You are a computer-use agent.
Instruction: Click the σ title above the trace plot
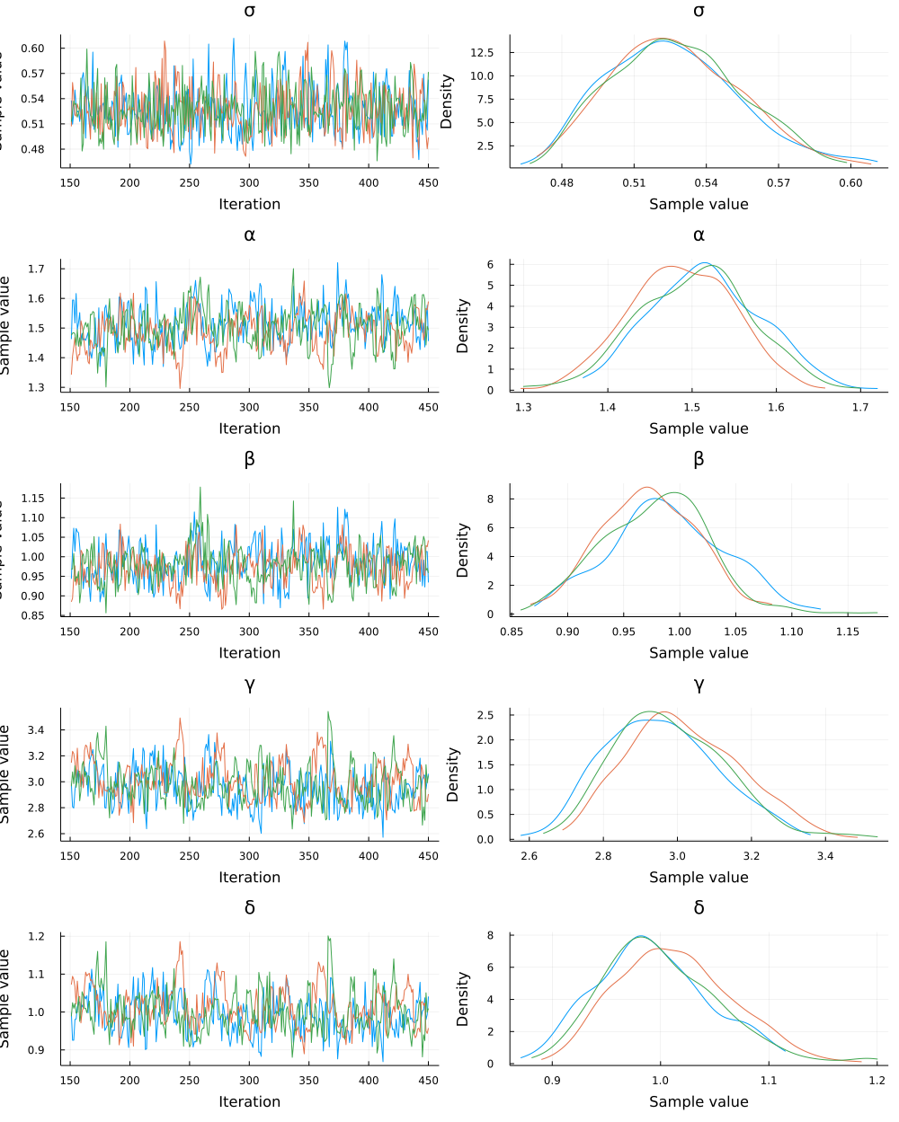249,11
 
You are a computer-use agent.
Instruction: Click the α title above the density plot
699,235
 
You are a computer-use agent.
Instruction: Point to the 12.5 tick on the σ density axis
482,53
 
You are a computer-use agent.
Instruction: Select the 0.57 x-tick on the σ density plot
779,183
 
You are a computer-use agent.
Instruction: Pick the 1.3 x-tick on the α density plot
523,408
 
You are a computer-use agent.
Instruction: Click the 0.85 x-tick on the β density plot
512,632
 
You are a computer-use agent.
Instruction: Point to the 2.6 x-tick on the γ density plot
529,857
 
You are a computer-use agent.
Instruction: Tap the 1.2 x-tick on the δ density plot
877,1082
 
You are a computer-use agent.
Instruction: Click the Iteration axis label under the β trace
249,653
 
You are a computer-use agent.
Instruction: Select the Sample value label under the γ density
699,878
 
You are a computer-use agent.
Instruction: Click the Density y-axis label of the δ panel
462,999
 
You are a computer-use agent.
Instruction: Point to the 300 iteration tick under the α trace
249,408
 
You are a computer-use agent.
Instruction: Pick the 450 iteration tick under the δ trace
428,1082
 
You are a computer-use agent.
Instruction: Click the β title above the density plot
699,460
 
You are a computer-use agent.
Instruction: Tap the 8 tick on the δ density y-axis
490,935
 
